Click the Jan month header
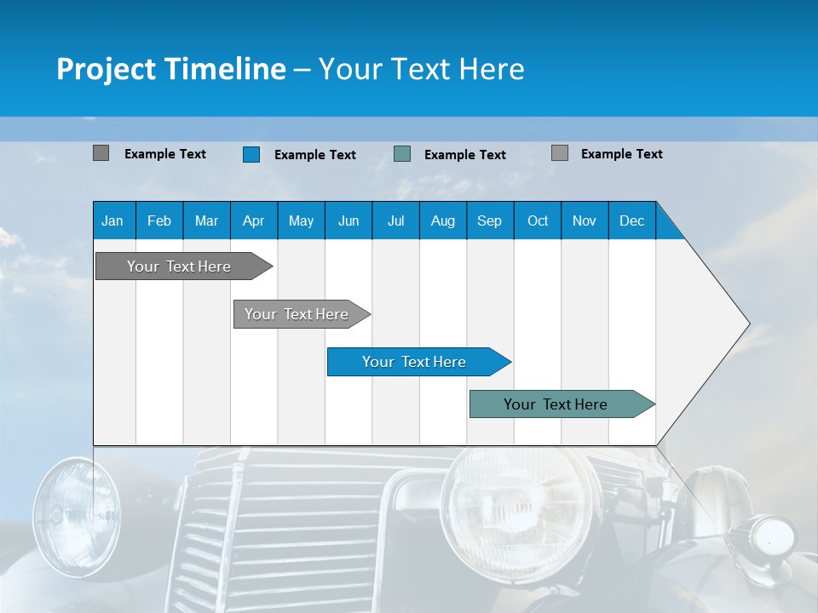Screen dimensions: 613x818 click(113, 221)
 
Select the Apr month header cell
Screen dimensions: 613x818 click(254, 221)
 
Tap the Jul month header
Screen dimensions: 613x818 click(395, 221)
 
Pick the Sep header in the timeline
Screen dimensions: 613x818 click(489, 221)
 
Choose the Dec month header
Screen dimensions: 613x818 click(631, 221)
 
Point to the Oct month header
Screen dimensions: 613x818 click(538, 221)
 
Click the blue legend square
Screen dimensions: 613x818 click(251, 154)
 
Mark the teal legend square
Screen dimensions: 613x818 click(402, 154)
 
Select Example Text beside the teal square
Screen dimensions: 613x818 click(464, 155)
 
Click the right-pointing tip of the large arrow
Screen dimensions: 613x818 click(746, 324)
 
